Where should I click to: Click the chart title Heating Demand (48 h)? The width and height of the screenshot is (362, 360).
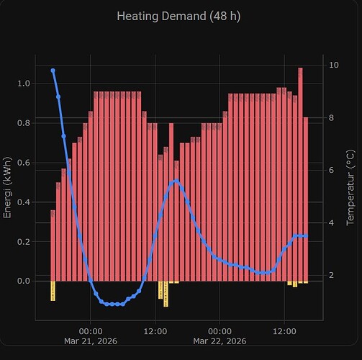pos(181,16)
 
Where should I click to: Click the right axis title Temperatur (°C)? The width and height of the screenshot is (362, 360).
pos(350,188)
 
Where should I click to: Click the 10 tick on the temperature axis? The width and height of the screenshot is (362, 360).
pos(334,65)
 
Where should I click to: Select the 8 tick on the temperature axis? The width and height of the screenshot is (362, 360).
pos(332,117)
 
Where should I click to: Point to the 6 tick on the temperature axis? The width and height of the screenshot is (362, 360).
pos(332,170)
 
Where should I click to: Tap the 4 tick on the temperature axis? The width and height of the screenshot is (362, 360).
pos(332,222)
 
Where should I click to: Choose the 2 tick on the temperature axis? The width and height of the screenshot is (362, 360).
pos(332,275)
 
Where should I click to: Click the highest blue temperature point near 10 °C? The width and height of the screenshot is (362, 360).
pos(53,71)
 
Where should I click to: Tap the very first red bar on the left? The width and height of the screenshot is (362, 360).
pos(53,245)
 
